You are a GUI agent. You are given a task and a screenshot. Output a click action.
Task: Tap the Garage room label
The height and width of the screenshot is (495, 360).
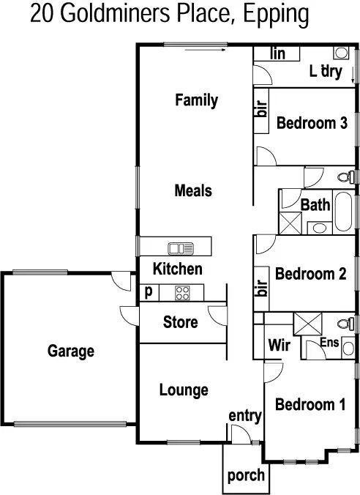click(x=71, y=351)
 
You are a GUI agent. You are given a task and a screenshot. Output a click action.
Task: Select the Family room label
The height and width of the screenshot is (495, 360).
click(x=196, y=100)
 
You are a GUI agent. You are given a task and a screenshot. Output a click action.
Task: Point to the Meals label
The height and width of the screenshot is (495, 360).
click(x=193, y=191)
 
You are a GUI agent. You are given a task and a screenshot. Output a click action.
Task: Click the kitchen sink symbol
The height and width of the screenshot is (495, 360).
click(x=179, y=247)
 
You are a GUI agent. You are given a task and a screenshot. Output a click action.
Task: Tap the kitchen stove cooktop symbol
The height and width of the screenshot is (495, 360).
click(x=182, y=293)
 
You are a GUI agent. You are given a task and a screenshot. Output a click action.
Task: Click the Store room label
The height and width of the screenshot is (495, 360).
click(x=180, y=322)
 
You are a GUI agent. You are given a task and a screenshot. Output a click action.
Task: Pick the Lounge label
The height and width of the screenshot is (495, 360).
click(x=184, y=390)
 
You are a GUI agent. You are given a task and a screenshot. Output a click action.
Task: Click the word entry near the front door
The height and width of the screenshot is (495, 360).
click(x=245, y=416)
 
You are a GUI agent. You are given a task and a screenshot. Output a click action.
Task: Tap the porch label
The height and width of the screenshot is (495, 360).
click(x=246, y=475)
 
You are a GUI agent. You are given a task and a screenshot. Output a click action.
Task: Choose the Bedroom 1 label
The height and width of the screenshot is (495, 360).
click(x=311, y=404)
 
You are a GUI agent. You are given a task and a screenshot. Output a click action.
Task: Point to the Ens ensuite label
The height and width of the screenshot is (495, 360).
click(x=329, y=342)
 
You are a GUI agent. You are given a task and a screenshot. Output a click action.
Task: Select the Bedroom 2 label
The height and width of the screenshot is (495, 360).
click(x=310, y=274)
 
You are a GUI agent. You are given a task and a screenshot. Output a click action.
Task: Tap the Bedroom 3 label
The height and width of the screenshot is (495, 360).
click(x=311, y=123)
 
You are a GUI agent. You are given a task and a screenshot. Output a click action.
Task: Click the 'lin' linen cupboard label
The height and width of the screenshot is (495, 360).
click(x=277, y=53)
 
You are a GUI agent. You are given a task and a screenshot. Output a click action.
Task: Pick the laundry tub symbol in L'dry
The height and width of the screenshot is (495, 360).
click(x=342, y=53)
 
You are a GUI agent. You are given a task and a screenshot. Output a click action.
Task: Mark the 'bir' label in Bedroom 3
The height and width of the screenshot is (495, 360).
click(x=261, y=110)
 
